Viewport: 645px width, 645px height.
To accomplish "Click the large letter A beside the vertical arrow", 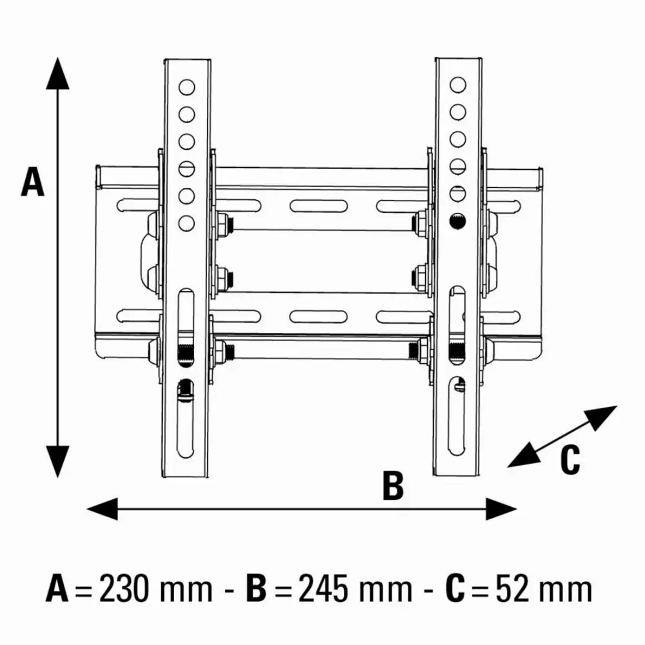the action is point(32,181).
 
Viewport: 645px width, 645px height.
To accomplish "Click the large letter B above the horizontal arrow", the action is point(393,486).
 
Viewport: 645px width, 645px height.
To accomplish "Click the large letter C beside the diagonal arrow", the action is point(570,459).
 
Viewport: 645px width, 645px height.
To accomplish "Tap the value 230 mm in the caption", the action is point(156,589).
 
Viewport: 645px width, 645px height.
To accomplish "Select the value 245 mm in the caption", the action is point(355,589).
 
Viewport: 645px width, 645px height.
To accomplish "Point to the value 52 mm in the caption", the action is point(544,589).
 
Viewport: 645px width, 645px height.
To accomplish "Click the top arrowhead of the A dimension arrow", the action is point(57,74).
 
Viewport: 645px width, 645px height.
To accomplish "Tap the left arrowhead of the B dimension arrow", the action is point(103,509).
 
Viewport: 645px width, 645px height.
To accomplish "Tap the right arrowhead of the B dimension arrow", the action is point(501,509).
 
